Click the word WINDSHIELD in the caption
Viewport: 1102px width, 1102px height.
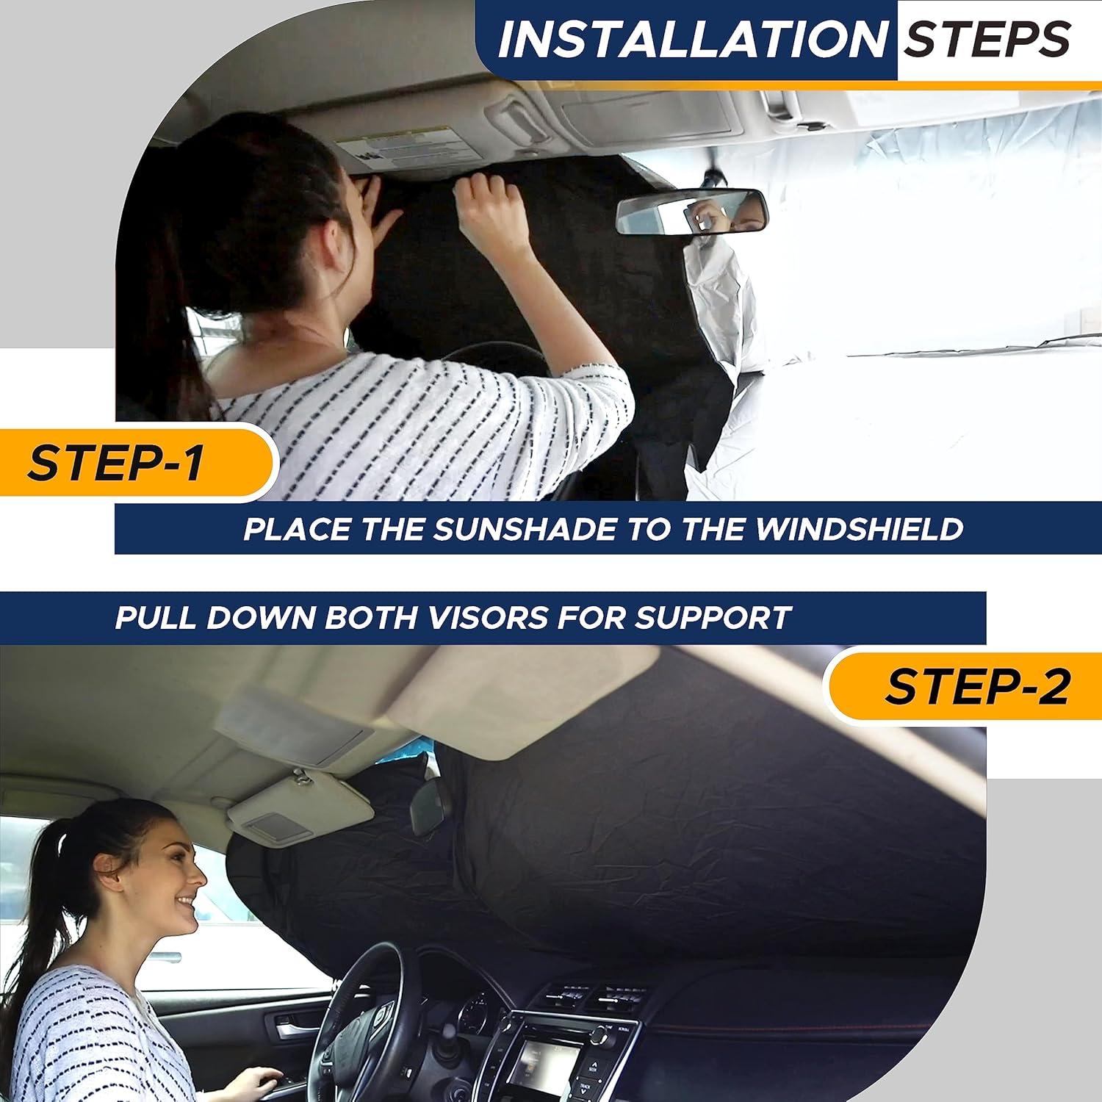point(859,529)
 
